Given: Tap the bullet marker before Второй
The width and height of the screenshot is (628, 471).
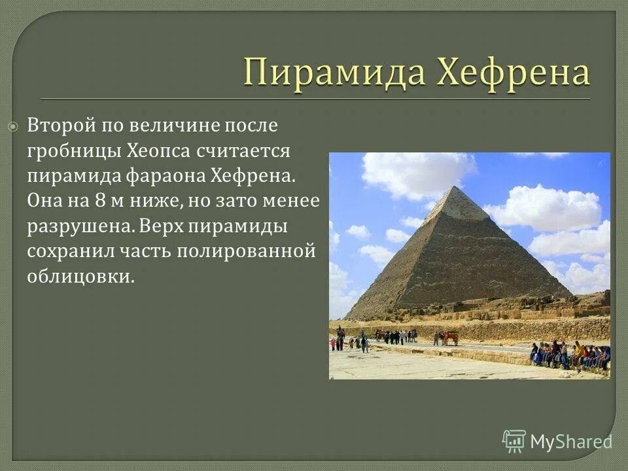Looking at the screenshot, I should (13, 126).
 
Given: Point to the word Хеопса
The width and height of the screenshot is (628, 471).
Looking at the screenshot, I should (173, 151).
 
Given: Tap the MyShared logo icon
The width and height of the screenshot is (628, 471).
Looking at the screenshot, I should (514, 441).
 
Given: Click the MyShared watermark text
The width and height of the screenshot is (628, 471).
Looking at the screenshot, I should (571, 442).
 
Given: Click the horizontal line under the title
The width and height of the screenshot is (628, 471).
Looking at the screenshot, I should (314, 98).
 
